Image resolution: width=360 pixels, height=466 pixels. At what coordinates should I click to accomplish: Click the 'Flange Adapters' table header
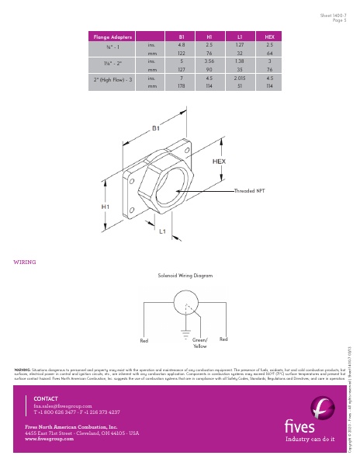point(113,37)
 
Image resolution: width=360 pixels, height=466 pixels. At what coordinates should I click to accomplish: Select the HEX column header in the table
point(269,37)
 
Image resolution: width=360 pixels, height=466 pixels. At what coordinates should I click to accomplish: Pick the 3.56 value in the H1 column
point(209,60)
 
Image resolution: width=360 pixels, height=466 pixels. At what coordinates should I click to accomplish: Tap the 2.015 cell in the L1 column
point(240,78)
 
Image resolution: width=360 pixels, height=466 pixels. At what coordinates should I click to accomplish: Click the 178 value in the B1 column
point(181,87)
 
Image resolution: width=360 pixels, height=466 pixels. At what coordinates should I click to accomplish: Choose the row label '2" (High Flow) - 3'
point(113,78)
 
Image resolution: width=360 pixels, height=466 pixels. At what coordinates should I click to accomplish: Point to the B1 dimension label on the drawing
point(156,127)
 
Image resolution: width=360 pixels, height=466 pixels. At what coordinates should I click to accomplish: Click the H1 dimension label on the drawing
point(105,207)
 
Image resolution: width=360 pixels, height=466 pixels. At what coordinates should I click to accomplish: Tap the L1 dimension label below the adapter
point(163,231)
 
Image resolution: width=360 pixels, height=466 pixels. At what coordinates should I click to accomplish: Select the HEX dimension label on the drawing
point(219,161)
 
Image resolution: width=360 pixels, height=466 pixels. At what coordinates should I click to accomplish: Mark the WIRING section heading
point(25,262)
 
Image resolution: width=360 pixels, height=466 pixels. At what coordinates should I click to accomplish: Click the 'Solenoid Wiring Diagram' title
point(185,276)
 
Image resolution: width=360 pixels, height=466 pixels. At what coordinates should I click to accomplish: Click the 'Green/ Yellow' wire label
point(200,343)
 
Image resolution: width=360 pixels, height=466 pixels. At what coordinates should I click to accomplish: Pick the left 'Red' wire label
point(144,340)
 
